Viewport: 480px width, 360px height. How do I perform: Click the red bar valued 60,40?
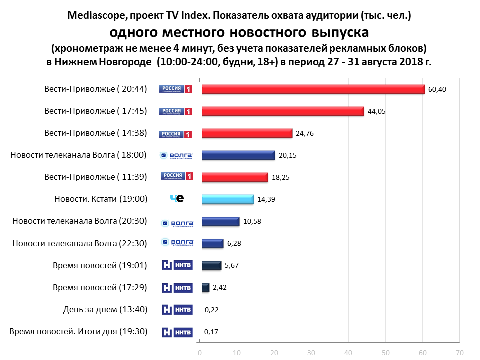coord(313,89)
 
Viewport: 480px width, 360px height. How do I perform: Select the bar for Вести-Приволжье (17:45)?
coord(283,111)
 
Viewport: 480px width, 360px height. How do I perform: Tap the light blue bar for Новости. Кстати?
coord(228,199)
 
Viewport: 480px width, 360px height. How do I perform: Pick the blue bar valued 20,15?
coord(238,155)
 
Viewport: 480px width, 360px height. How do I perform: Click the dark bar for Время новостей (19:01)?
coord(212,265)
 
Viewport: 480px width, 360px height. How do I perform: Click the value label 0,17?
coord(212,331)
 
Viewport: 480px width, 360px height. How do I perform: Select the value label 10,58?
coord(253,221)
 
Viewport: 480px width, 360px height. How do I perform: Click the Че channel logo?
coord(177,199)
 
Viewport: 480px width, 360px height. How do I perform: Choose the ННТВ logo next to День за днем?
coord(177,309)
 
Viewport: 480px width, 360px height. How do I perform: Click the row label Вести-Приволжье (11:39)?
coord(95,177)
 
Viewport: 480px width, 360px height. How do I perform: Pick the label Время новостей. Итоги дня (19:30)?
coord(78,331)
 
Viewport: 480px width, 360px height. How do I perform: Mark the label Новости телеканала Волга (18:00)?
coord(78,155)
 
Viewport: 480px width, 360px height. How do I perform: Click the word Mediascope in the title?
coord(95,16)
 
